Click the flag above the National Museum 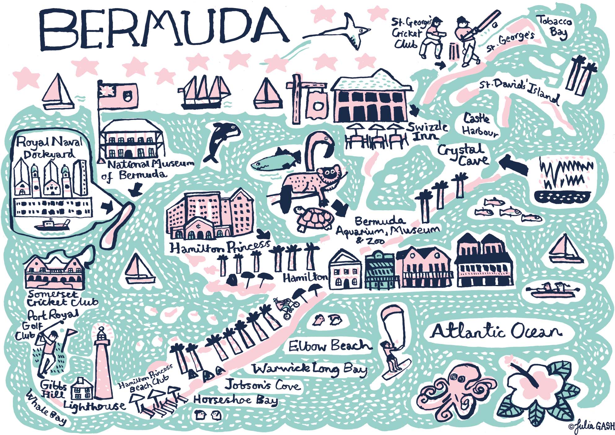point(118,95)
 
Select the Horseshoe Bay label point(235,400)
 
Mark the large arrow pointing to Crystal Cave point(514,164)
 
